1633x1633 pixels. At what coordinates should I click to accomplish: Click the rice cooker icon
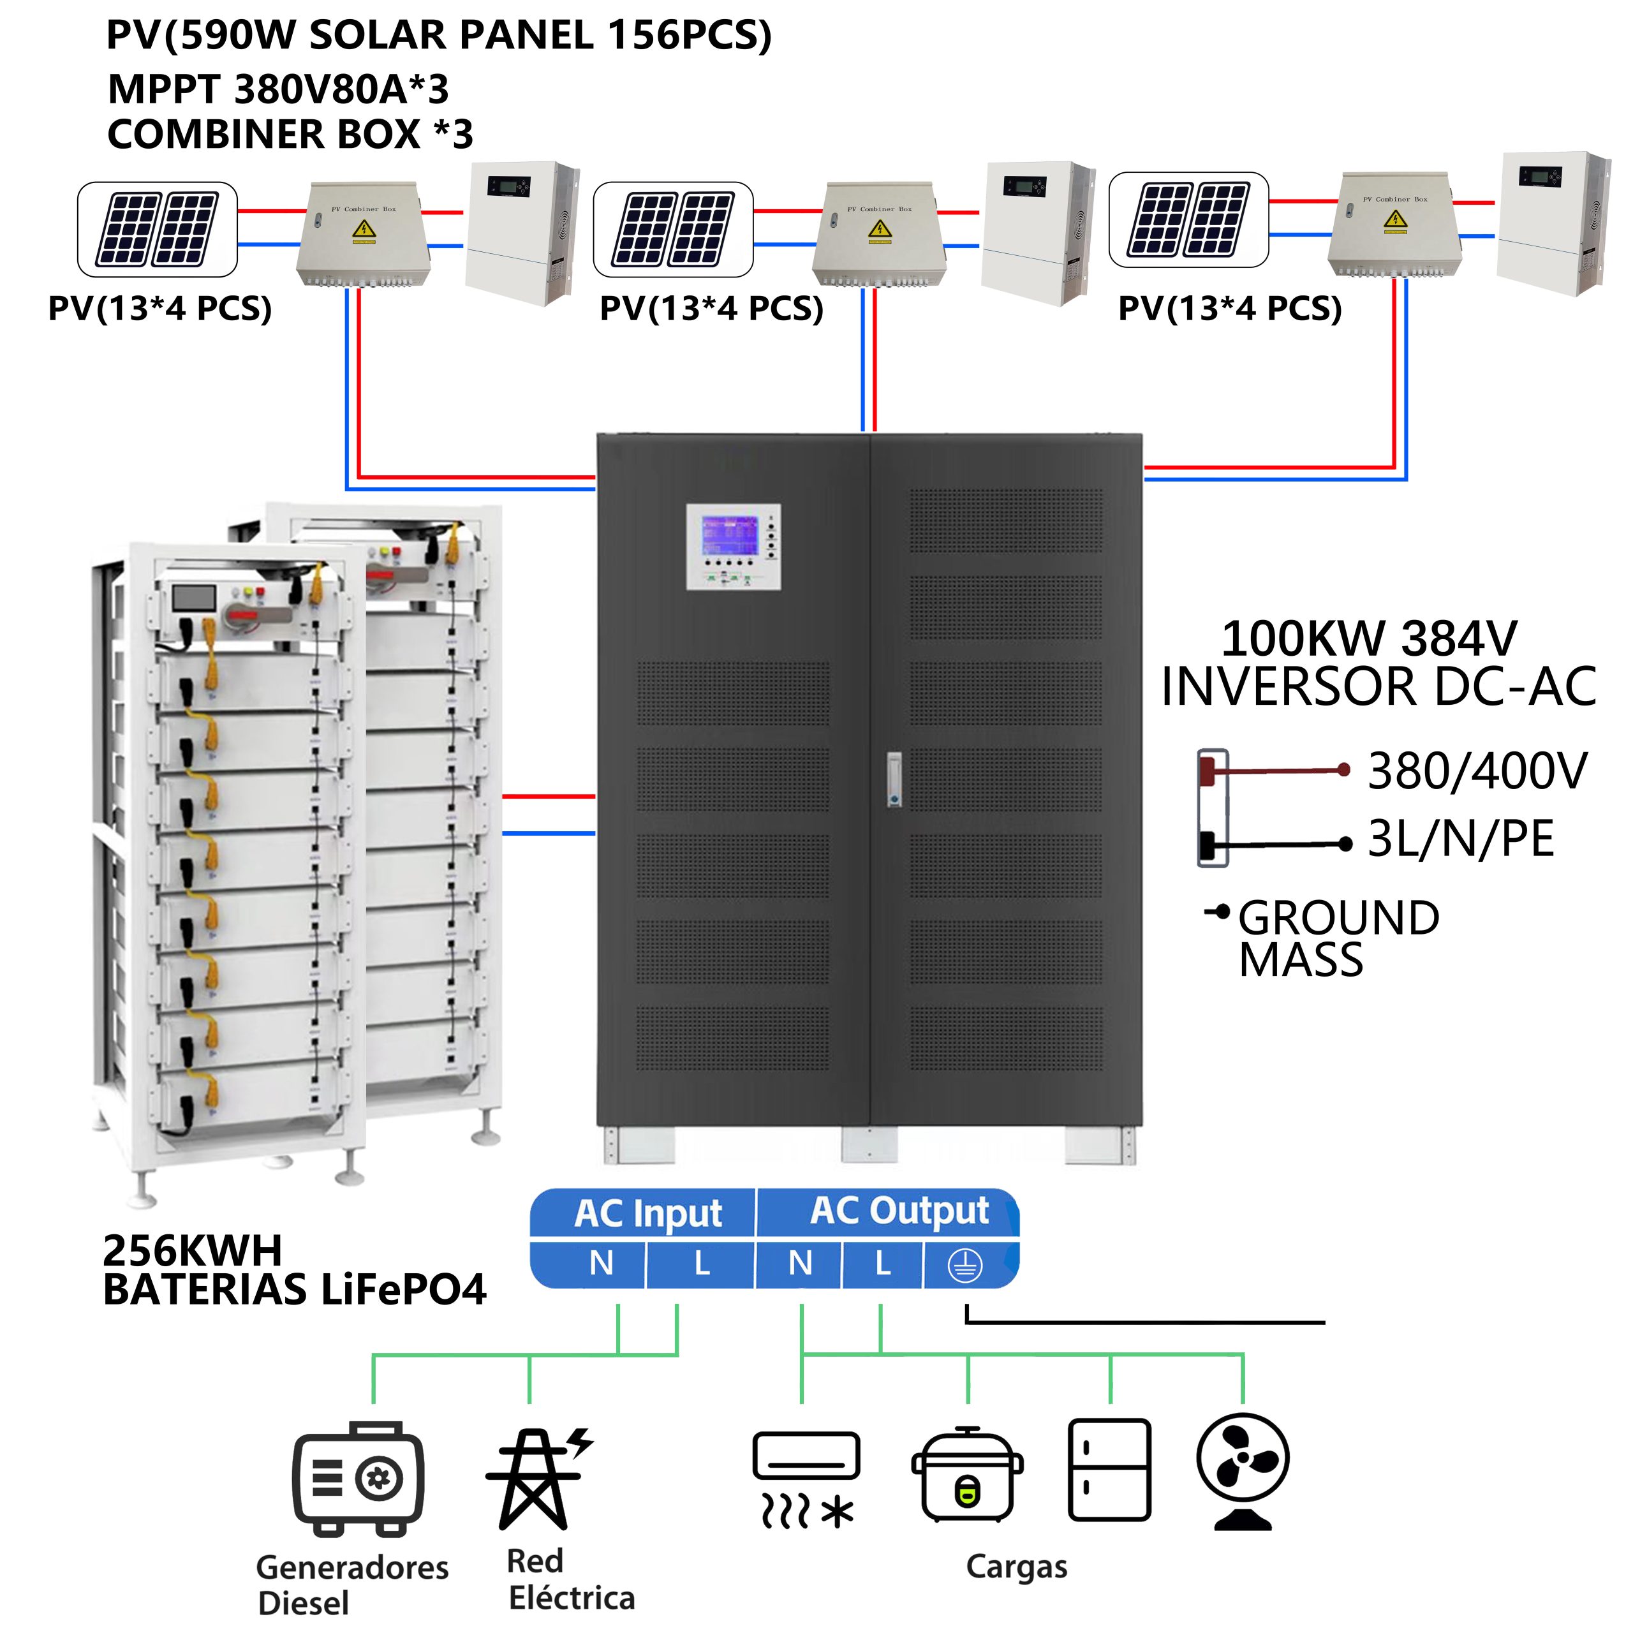pyautogui.click(x=967, y=1475)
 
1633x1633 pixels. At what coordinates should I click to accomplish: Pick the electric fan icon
pyautogui.click(x=1243, y=1472)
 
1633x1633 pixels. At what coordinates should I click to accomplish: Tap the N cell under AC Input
pyautogui.click(x=601, y=1264)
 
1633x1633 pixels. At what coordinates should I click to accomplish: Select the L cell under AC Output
pyautogui.click(x=882, y=1264)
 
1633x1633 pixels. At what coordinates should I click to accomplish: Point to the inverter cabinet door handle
pyautogui.click(x=894, y=778)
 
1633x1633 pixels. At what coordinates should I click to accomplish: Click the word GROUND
pyautogui.click(x=1339, y=918)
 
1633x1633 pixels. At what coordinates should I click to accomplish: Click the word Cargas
pyautogui.click(x=1016, y=1566)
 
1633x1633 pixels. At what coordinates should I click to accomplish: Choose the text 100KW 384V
pyautogui.click(x=1370, y=639)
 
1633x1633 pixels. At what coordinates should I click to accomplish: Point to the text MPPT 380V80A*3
pyautogui.click(x=278, y=89)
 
